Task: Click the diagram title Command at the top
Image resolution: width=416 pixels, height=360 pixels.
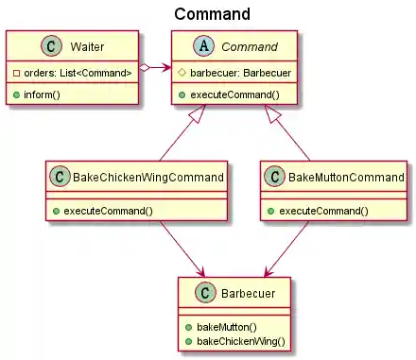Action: pos(212,13)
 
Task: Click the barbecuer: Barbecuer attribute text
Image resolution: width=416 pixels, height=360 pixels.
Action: pos(239,74)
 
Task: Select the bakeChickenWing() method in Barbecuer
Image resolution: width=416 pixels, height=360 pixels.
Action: pos(245,338)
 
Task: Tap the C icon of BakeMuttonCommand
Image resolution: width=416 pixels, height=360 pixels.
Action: pos(275,177)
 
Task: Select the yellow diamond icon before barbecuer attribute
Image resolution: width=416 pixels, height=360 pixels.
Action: pos(182,74)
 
